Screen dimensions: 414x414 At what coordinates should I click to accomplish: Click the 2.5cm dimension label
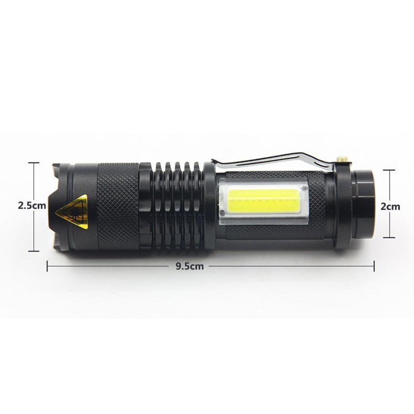[x=32, y=205]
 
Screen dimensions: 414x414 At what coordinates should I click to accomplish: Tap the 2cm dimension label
[x=390, y=206]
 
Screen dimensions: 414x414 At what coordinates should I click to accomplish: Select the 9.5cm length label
[x=190, y=266]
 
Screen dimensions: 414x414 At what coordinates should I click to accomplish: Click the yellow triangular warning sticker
[x=72, y=211]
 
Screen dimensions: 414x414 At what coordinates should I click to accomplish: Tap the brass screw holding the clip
[x=342, y=159]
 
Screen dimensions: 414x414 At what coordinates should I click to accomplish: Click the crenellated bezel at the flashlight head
[x=61, y=206]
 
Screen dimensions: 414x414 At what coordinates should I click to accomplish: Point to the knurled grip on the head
[x=118, y=206]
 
